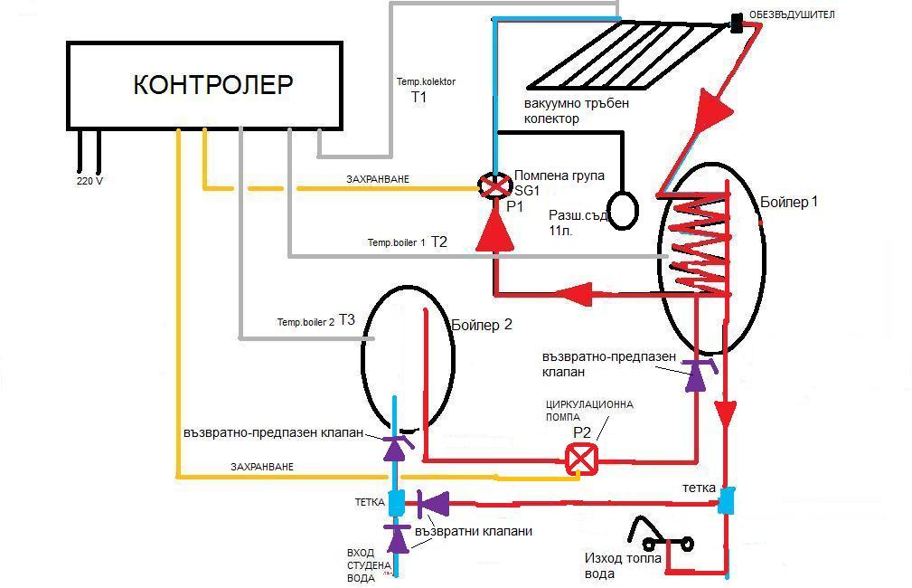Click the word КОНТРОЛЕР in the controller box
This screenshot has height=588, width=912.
213,84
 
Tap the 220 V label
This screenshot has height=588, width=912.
89,180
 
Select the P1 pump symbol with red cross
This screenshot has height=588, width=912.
494,187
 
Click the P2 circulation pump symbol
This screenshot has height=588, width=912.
580,460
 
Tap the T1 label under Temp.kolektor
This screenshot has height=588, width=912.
418,97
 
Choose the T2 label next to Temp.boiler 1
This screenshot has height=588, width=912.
439,242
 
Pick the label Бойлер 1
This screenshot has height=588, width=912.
789,202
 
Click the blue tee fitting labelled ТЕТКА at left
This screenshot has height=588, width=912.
396,501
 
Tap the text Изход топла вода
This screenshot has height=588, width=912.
623,565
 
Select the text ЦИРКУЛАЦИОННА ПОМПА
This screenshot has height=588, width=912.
588,411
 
